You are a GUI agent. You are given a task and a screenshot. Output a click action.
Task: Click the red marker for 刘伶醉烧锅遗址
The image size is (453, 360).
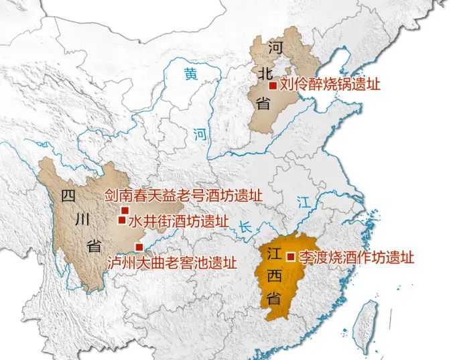click(272, 85)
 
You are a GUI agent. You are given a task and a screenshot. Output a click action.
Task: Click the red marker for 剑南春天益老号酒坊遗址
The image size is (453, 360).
click(124, 210)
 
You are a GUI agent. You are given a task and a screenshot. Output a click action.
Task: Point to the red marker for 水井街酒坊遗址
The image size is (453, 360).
click(121, 219)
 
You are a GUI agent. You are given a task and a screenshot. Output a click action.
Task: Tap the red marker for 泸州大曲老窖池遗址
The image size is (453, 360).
click(139, 246)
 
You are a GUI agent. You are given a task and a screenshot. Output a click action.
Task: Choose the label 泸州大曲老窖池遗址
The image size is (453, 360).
click(173, 261)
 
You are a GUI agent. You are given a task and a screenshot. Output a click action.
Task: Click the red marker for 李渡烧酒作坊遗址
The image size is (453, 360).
click(290, 256)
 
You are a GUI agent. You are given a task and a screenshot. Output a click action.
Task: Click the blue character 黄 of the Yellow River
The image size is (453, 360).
click(192, 74)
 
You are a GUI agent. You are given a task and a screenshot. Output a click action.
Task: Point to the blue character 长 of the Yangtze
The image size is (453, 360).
click(247, 227)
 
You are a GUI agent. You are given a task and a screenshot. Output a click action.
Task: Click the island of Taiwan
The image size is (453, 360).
click(367, 321)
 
